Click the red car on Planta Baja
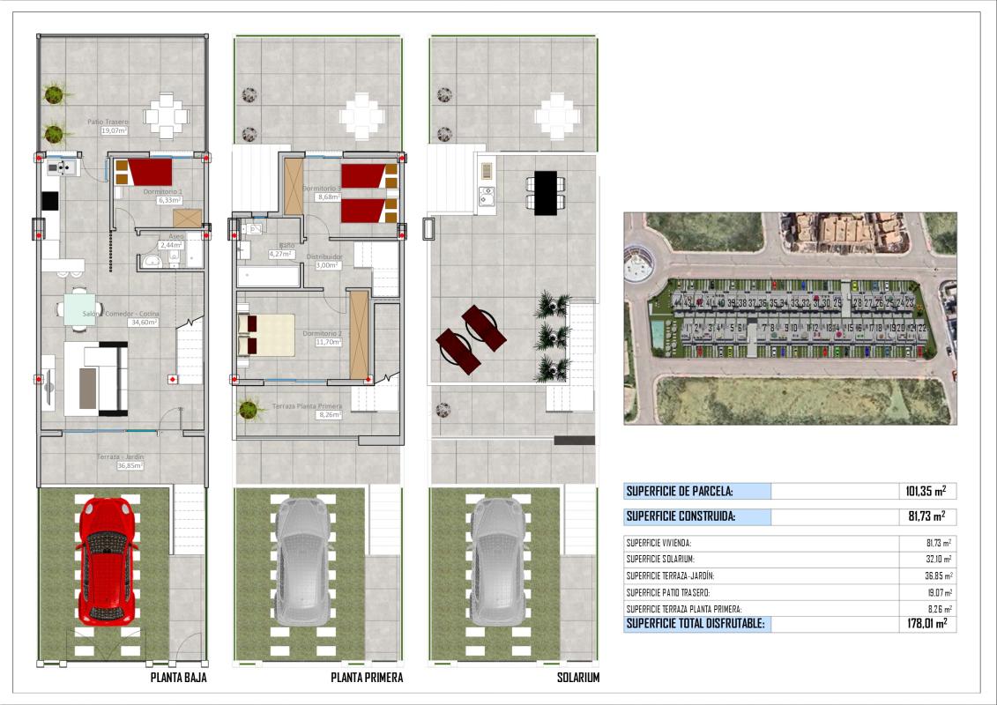(107, 561)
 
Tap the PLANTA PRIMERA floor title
(367, 678)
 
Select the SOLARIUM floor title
(578, 678)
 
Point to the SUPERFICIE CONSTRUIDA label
(680, 517)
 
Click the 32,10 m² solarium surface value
(934, 560)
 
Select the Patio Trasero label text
(108, 122)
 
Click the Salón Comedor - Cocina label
(122, 314)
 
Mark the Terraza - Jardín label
(121, 456)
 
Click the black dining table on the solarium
(547, 192)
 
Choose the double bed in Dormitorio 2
(265, 336)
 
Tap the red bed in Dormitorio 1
(143, 172)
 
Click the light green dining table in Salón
(80, 309)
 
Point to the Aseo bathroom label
(176, 236)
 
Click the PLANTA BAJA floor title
(179, 678)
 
